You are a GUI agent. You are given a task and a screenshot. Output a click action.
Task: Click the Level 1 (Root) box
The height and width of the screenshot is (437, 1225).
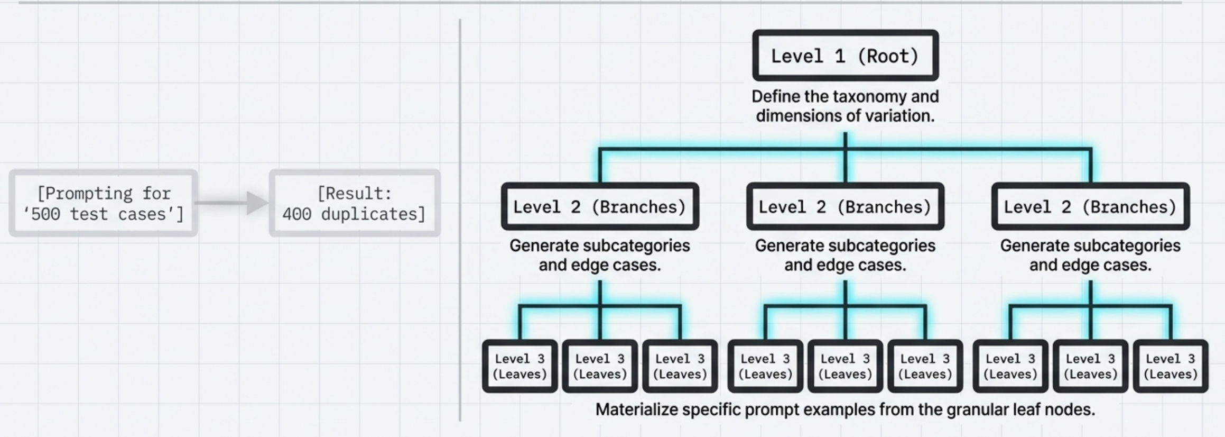coord(845,56)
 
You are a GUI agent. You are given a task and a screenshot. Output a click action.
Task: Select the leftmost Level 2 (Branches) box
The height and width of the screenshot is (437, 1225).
coord(600,206)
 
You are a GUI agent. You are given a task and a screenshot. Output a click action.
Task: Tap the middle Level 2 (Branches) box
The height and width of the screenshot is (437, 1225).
coord(845,206)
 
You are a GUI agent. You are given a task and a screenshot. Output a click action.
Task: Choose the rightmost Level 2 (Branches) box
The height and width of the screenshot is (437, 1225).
coord(1090,206)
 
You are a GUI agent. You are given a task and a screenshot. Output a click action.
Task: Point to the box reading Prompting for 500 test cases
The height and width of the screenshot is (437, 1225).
coord(104,203)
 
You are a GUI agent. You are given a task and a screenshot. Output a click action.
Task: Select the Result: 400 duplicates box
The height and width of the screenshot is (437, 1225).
coord(355,203)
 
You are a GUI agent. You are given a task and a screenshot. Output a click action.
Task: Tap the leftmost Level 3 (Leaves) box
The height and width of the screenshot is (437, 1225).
coord(519,366)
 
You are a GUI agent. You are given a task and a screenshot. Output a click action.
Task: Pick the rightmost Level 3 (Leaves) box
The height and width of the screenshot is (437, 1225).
coord(1170,366)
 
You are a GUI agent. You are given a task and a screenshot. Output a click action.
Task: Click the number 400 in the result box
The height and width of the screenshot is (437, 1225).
coord(296,214)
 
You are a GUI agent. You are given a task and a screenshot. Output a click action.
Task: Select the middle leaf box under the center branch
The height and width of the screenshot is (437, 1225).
coord(845,366)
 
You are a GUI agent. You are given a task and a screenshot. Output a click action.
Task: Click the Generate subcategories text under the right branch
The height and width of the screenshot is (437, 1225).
coord(1090,246)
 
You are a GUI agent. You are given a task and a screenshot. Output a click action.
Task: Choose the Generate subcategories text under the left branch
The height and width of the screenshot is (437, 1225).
coord(600,246)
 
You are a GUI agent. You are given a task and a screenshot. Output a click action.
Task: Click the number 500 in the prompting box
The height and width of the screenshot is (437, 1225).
coord(45,214)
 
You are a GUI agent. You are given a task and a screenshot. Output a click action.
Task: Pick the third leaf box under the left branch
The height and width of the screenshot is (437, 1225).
coord(680,366)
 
